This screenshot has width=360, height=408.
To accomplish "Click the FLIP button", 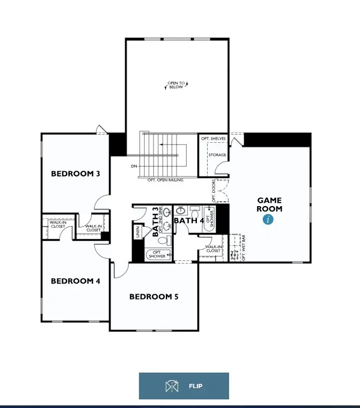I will pos(183,386).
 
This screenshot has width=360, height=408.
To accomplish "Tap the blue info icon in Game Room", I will pos(268,220).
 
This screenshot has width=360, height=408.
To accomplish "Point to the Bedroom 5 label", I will pos(153,296).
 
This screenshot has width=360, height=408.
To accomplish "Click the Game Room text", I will pos(269,205).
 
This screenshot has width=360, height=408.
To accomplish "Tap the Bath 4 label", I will pos(189,221).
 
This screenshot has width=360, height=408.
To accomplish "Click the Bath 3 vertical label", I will pos(156,222).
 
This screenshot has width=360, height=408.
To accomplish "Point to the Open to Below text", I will pos(175,85).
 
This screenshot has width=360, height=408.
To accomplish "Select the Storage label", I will pos(217,155).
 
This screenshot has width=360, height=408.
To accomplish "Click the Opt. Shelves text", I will pos(214,139).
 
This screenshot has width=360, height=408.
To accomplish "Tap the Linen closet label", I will pos(138,232).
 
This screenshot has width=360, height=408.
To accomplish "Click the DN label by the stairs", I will pos(134,166).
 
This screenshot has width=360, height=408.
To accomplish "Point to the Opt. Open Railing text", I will pos(165,180).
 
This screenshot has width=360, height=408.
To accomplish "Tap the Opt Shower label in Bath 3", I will pos(158,254).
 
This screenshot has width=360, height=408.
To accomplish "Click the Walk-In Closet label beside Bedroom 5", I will pos(212,249).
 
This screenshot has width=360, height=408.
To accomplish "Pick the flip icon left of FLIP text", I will pos(171,386).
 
